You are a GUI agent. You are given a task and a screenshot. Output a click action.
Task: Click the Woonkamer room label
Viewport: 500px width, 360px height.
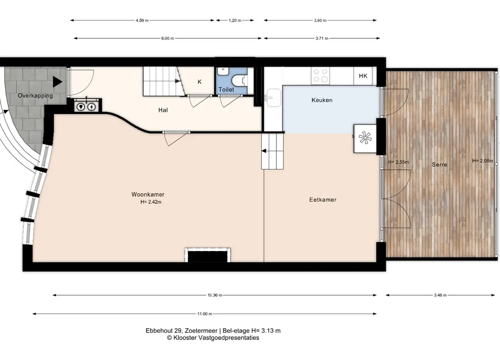[148, 194]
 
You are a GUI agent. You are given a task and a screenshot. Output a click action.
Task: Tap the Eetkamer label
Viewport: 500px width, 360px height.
[323, 200]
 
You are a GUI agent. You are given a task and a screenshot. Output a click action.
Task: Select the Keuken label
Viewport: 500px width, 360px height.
[322, 100]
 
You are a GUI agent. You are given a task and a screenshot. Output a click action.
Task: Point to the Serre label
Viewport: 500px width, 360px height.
[439, 165]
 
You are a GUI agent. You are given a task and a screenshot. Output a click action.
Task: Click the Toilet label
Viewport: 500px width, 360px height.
[226, 89]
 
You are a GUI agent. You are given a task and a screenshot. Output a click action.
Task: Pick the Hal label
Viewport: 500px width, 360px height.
[163, 110]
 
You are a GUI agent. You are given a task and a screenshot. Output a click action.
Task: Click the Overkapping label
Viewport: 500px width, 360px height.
[35, 96]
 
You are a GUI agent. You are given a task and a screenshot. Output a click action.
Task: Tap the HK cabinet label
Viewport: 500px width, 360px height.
[363, 76]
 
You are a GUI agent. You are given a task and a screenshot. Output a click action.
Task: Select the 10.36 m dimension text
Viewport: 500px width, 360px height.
[214, 295]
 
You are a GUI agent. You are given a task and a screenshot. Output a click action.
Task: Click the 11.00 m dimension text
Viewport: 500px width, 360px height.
[205, 314]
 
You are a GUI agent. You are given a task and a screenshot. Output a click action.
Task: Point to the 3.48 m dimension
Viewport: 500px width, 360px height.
[440, 295]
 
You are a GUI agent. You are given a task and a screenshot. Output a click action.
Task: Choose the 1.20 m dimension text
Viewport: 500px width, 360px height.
[235, 21]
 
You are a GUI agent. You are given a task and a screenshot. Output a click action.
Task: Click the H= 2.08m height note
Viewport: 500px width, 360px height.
[483, 161]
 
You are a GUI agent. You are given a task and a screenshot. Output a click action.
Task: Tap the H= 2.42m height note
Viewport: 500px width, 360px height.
[151, 202]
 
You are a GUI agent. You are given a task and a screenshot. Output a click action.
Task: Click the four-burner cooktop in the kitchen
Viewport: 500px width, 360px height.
[321, 76]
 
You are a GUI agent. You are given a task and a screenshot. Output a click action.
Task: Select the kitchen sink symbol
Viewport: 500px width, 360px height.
[272, 97]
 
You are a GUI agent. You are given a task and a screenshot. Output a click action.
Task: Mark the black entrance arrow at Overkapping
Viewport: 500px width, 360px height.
[57, 82]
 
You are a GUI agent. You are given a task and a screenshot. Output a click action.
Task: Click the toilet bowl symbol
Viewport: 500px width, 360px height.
[238, 80]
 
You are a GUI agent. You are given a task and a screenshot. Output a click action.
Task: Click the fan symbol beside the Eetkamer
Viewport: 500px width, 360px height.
[365, 138]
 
